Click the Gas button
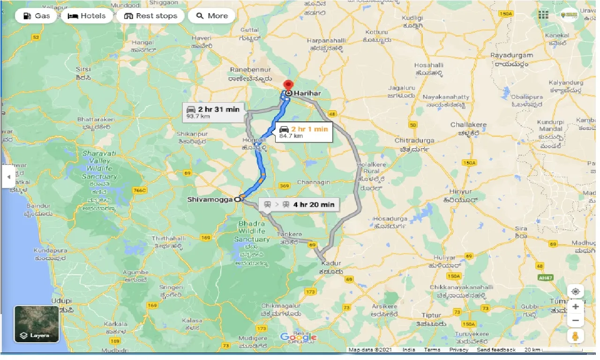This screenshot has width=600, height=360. point(37,16)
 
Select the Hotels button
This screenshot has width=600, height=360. point(87,16)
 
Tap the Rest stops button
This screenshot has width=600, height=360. point(150,16)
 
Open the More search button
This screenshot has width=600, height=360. point(212,16)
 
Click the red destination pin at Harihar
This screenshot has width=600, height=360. point(288,86)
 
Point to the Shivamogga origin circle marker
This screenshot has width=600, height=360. point(238,199)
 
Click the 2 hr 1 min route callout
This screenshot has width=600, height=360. point(305,132)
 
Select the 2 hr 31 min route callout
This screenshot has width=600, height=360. point(213,112)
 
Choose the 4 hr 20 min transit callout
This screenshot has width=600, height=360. point(299,204)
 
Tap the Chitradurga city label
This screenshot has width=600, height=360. point(414,140)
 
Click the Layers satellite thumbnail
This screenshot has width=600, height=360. point(37,324)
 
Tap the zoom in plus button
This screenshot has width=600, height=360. point(575,307)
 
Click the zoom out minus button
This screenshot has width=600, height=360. point(575,321)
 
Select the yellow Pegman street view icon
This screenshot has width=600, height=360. point(575,336)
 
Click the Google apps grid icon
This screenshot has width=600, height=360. point(543,15)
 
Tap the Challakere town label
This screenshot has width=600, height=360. point(468,125)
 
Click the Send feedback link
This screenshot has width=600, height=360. point(496,350)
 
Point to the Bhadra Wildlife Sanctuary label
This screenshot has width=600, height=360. point(252,231)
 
